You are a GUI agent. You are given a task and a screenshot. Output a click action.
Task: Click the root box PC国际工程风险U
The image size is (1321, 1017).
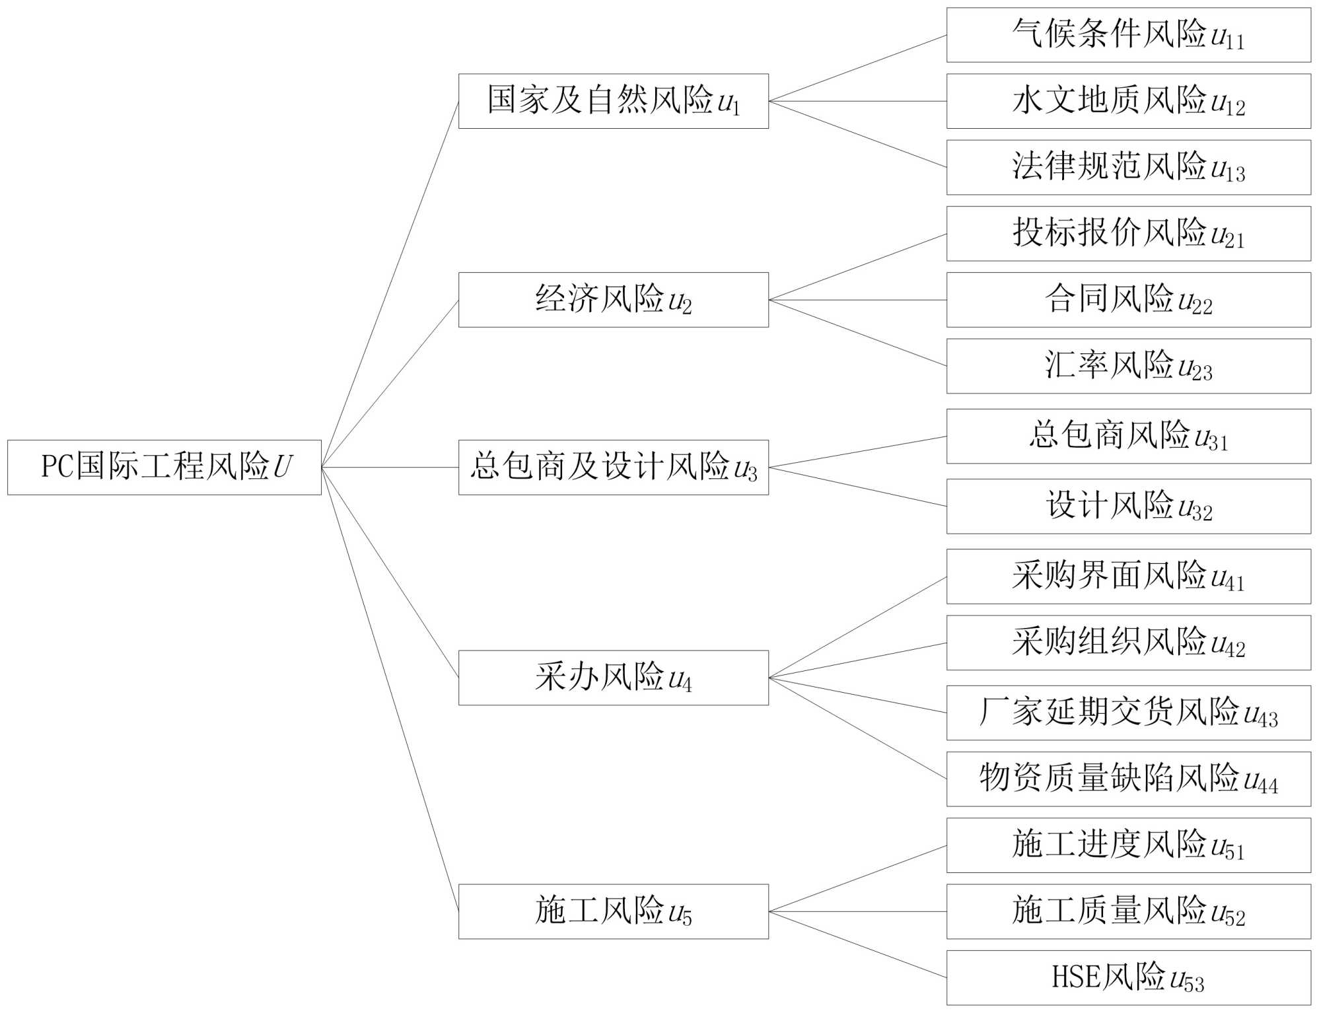point(164,467)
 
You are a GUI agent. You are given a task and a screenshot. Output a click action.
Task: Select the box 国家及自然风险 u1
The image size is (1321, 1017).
point(613,101)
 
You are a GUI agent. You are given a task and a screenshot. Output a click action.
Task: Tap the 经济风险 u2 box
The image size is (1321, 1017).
point(613,300)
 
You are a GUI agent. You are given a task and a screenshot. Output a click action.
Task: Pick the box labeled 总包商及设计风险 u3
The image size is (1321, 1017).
point(613,467)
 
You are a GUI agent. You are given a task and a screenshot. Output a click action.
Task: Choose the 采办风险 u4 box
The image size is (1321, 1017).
point(613,678)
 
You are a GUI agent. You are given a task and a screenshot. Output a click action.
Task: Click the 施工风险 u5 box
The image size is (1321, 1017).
point(613,911)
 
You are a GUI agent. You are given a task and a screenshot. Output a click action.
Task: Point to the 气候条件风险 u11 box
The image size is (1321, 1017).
point(1128,35)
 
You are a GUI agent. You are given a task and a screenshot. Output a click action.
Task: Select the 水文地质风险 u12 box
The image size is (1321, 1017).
point(1128,101)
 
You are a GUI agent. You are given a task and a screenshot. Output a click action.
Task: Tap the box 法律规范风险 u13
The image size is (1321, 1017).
point(1128,167)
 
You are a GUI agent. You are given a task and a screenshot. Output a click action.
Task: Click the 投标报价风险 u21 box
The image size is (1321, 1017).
point(1128,234)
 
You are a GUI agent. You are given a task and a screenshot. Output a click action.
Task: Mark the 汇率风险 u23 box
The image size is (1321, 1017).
point(1128,366)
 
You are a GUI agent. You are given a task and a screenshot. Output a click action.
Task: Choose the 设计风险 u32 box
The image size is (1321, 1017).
point(1128,507)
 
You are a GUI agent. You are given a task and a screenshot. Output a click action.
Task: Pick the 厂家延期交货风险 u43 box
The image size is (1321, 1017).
point(1128,713)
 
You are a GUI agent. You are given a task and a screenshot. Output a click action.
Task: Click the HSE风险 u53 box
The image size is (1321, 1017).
point(1128,977)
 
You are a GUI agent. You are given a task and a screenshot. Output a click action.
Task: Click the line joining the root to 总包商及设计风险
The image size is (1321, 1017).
point(390,467)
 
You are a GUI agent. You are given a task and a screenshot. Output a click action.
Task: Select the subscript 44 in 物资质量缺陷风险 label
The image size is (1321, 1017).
point(1268,785)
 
